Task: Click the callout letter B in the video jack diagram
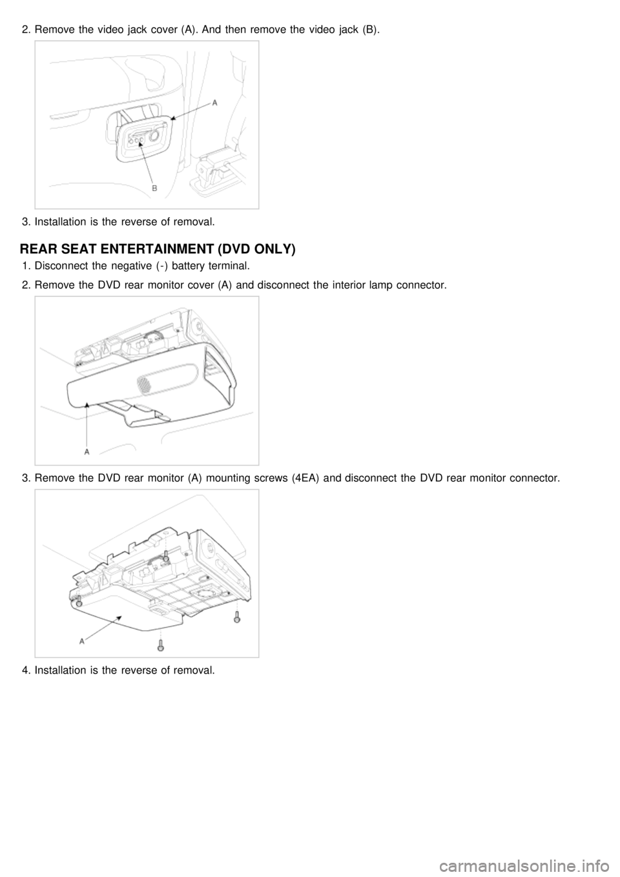(x=154, y=189)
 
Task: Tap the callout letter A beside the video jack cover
(x=215, y=103)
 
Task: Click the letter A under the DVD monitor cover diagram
(x=87, y=452)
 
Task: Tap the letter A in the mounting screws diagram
(x=82, y=641)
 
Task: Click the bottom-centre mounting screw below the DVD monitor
(x=160, y=645)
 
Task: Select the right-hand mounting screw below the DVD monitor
(x=237, y=617)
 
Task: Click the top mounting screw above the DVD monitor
(x=167, y=555)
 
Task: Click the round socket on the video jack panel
(x=154, y=136)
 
